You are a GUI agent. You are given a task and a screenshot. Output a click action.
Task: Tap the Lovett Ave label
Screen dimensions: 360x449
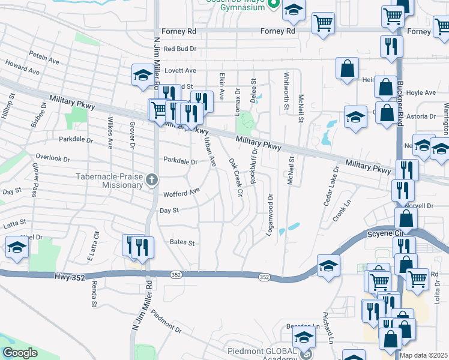pyautogui.click(x=181, y=70)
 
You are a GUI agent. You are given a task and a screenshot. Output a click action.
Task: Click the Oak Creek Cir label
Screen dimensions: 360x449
pyautogui.click(x=235, y=178)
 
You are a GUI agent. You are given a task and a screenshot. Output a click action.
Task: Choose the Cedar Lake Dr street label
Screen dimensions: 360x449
pyautogui.click(x=331, y=186)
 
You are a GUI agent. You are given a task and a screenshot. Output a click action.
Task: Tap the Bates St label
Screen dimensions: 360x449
pyautogui.click(x=182, y=243)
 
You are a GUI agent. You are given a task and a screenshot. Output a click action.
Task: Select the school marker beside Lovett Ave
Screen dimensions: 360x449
pyautogui.click(x=143, y=75)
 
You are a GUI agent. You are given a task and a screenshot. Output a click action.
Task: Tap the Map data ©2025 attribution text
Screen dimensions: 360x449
pyautogui.click(x=423, y=355)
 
